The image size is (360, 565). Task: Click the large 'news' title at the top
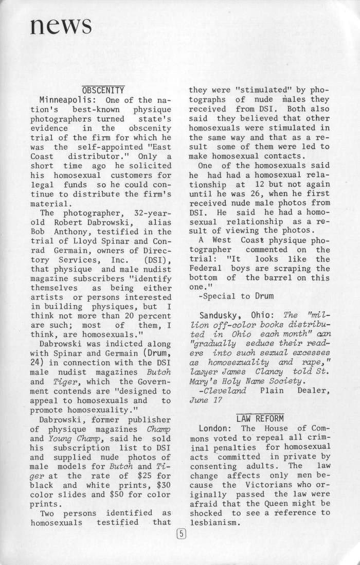point(61,24)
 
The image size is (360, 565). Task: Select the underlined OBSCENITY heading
point(103,89)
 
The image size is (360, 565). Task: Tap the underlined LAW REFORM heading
point(260,417)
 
